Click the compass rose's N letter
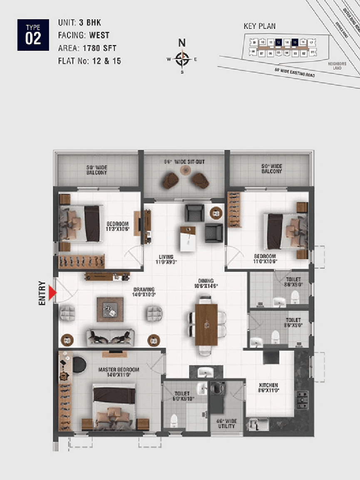tap(182, 43)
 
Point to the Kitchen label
tap(268, 388)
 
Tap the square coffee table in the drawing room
tap(110, 309)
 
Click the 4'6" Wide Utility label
tap(226, 423)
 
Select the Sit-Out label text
tap(185, 162)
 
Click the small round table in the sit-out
tap(186, 170)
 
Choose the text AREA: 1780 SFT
tap(87, 49)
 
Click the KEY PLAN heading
tap(259, 27)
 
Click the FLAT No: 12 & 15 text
tap(89, 61)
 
